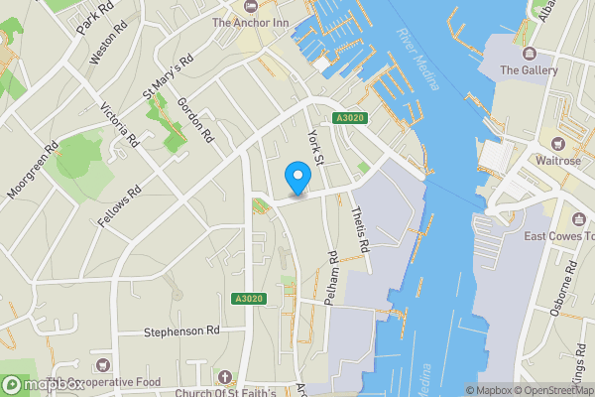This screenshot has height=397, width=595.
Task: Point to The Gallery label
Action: pyautogui.click(x=523, y=69)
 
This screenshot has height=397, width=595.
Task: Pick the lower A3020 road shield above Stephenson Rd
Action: pyautogui.click(x=249, y=299)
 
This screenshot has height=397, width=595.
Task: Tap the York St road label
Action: pyautogui.click(x=316, y=147)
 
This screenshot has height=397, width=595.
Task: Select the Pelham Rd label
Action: pyautogui.click(x=333, y=270)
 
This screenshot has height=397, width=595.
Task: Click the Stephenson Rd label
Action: pyautogui.click(x=180, y=331)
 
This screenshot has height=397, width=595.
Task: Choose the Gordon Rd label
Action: pyautogui.click(x=197, y=118)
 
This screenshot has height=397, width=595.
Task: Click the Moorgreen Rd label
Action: pyautogui.click(x=33, y=169)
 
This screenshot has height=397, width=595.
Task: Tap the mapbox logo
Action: pyautogui.click(x=42, y=384)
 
